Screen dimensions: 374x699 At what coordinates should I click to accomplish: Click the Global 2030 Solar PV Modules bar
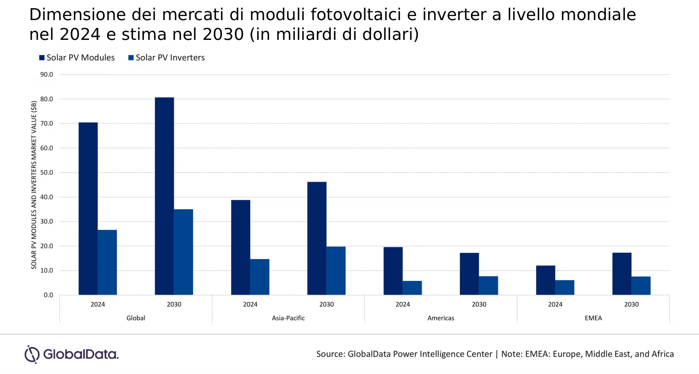[x=164, y=196]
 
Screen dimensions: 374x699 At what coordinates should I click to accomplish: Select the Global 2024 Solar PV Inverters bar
[x=107, y=262]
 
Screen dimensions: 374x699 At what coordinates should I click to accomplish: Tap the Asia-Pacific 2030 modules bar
[x=317, y=238]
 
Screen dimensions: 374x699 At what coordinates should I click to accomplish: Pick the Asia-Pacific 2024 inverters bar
[x=260, y=277]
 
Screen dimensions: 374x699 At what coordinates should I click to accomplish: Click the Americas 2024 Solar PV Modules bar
[x=393, y=271]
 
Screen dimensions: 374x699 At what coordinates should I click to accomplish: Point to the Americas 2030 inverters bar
[x=488, y=285]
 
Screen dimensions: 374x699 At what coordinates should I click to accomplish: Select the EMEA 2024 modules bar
[x=545, y=280]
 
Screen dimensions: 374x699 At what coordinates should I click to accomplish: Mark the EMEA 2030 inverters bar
[x=641, y=285]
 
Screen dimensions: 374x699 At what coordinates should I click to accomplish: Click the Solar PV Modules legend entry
[x=77, y=58]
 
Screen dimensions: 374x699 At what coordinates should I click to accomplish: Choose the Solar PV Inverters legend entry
[x=167, y=58]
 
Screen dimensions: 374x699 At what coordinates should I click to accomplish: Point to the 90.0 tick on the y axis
[x=47, y=74]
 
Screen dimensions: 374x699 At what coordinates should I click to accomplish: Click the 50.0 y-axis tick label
[x=47, y=173]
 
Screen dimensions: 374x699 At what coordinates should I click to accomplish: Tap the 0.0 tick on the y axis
[x=48, y=295]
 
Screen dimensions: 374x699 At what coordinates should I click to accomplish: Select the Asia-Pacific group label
[x=288, y=318]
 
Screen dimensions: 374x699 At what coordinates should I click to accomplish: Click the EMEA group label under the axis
[x=593, y=318]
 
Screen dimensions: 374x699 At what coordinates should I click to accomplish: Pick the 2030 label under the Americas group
[x=479, y=304]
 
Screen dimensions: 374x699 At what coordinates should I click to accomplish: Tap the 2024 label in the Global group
[x=98, y=304]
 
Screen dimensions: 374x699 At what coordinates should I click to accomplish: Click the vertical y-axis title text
[x=34, y=185]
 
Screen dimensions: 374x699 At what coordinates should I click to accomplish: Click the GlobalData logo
[x=71, y=354]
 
